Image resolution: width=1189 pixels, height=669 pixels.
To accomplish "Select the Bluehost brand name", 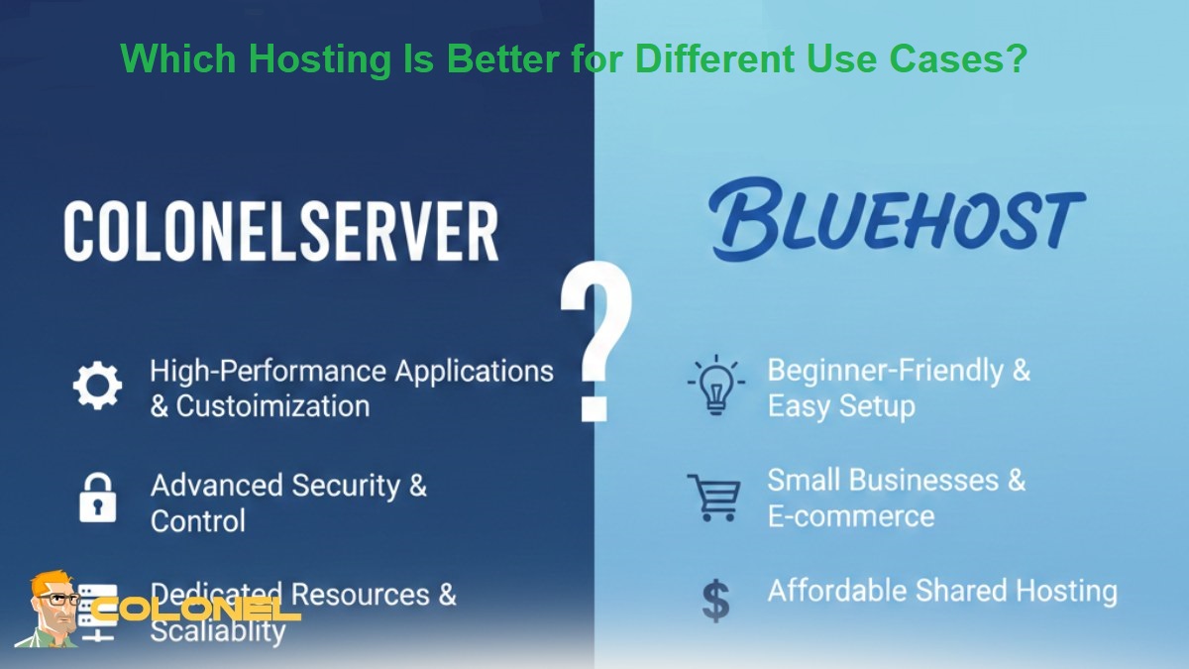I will [896, 219].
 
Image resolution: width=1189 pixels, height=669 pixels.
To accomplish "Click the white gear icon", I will [98, 387].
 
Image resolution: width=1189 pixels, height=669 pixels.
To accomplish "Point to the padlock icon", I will [97, 498].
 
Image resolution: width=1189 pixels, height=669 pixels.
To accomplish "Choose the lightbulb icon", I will [715, 387].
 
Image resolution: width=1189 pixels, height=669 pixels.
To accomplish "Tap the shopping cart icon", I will [713, 497].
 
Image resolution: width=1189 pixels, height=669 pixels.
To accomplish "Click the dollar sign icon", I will [715, 601].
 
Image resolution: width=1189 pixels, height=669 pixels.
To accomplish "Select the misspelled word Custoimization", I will [272, 406].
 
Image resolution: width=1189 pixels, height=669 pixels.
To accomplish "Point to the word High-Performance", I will [268, 371].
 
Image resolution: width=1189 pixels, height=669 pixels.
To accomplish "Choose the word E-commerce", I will [850, 516].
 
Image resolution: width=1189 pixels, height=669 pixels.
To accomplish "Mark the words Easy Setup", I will [841, 406].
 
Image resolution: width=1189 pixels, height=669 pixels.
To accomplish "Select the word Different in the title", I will [712, 59].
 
